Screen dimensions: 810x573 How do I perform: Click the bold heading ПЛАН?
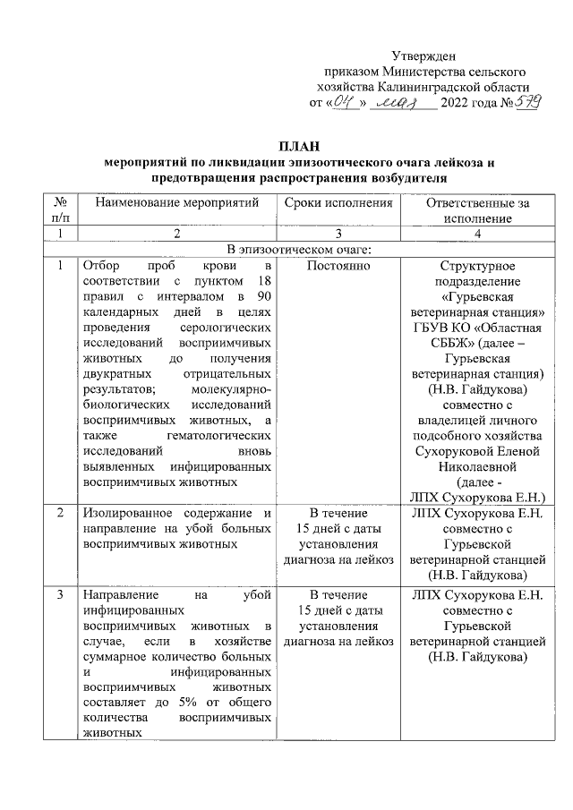(x=298, y=147)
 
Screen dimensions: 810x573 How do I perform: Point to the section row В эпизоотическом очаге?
(x=298, y=249)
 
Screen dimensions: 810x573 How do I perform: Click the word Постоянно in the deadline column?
(x=339, y=266)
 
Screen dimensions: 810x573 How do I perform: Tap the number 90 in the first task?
(x=263, y=297)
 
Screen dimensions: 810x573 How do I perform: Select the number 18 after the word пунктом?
(x=262, y=281)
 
